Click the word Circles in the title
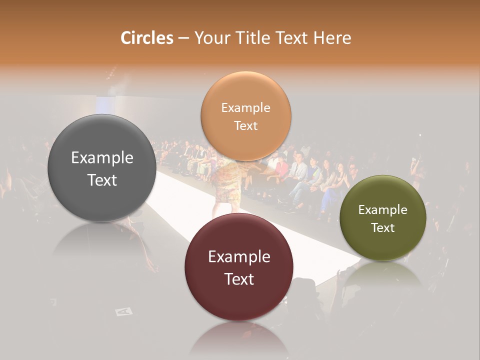pos(147,38)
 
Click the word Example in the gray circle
pos(102,158)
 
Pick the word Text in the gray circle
pos(102,180)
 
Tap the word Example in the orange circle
pos(245,108)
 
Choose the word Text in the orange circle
pos(245,126)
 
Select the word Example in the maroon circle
pos(239,257)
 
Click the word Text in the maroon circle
pos(239,279)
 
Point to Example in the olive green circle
pos(382,210)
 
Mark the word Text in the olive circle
pos(382,228)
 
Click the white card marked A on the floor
pos(123,311)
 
